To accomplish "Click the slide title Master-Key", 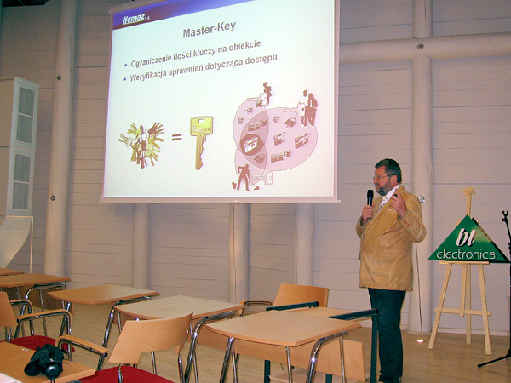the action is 209,30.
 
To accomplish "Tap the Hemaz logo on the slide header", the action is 134,20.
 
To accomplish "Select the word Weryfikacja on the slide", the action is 147,76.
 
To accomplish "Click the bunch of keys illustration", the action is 141,145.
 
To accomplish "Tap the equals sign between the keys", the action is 176,137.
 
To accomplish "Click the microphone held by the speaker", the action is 370,199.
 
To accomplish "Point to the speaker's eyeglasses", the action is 382,177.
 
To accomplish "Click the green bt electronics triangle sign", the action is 468,240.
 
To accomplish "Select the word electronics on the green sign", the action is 466,254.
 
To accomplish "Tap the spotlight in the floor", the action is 420,340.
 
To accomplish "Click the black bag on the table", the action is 44,361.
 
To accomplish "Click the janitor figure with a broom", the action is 245,177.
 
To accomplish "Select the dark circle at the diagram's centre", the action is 251,145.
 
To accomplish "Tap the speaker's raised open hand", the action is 399,203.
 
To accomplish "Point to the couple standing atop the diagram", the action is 308,108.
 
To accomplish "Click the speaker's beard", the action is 382,188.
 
